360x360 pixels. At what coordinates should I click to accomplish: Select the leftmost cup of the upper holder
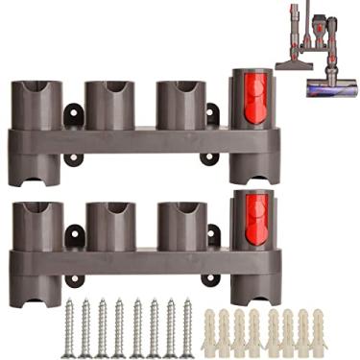tap(37, 105)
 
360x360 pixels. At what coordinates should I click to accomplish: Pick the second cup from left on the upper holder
tap(108, 105)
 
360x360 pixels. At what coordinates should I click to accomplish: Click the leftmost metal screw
tap(68, 327)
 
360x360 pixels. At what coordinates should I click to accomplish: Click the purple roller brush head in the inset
tap(331, 88)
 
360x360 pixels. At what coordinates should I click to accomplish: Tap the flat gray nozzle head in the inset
tap(293, 63)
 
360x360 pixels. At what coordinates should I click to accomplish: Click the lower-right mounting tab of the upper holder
tap(209, 156)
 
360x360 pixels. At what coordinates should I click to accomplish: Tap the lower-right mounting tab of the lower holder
tap(209, 278)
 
